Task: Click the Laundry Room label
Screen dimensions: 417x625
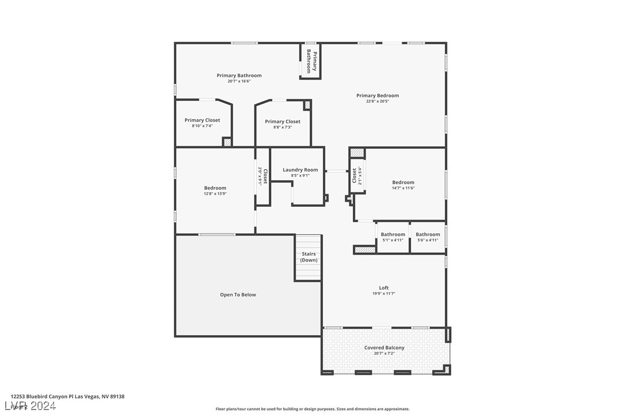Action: coord(300,170)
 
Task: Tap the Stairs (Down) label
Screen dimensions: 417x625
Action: coord(308,257)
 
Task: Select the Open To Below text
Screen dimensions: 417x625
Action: coord(238,295)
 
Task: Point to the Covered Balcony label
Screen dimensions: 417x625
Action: coord(384,348)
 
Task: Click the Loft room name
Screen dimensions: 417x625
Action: coord(384,288)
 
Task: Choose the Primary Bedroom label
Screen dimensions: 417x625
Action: coord(377,96)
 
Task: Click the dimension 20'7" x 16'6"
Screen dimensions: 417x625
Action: coord(239,81)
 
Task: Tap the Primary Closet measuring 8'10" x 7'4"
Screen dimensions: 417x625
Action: coord(202,120)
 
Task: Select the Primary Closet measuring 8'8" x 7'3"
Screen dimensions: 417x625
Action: coord(282,122)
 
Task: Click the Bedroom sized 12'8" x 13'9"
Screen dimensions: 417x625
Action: coord(215,188)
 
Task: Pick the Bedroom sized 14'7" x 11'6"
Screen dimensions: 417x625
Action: coord(403,183)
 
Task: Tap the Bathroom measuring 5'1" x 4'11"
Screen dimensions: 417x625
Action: coord(392,234)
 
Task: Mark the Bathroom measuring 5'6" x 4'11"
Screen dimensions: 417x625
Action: coord(428,234)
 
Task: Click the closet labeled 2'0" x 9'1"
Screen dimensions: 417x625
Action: coord(262,176)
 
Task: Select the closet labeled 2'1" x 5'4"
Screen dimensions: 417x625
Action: coord(357,175)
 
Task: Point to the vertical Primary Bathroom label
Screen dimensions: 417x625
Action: coord(311,61)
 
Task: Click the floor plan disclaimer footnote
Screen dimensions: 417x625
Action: coord(312,409)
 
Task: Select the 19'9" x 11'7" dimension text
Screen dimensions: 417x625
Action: coord(384,294)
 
